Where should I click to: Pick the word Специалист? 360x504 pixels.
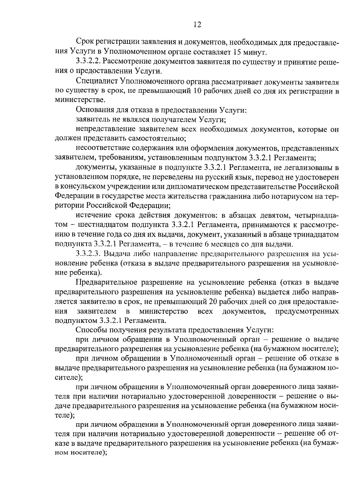coord(96,81)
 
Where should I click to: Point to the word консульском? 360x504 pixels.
coord(81,187)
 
